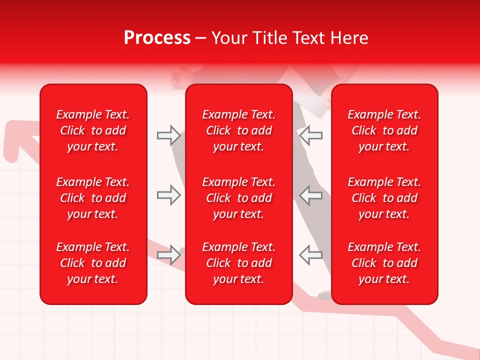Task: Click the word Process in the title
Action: [x=157, y=38]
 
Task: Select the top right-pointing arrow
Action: [x=168, y=135]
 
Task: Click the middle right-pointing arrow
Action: [x=168, y=195]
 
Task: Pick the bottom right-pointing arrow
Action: [x=168, y=255]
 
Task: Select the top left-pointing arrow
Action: [x=311, y=135]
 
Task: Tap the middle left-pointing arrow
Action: [x=311, y=195]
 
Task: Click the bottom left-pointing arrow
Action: [x=311, y=255]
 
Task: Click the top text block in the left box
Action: [x=93, y=130]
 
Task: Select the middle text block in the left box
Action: [x=93, y=198]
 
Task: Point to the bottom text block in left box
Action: [x=93, y=263]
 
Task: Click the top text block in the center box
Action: [x=238, y=130]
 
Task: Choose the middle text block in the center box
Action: [x=238, y=198]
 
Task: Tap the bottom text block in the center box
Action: [x=238, y=263]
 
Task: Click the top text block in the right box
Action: [x=384, y=130]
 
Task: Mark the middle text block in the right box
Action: [x=384, y=198]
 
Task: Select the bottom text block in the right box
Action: [x=384, y=263]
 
